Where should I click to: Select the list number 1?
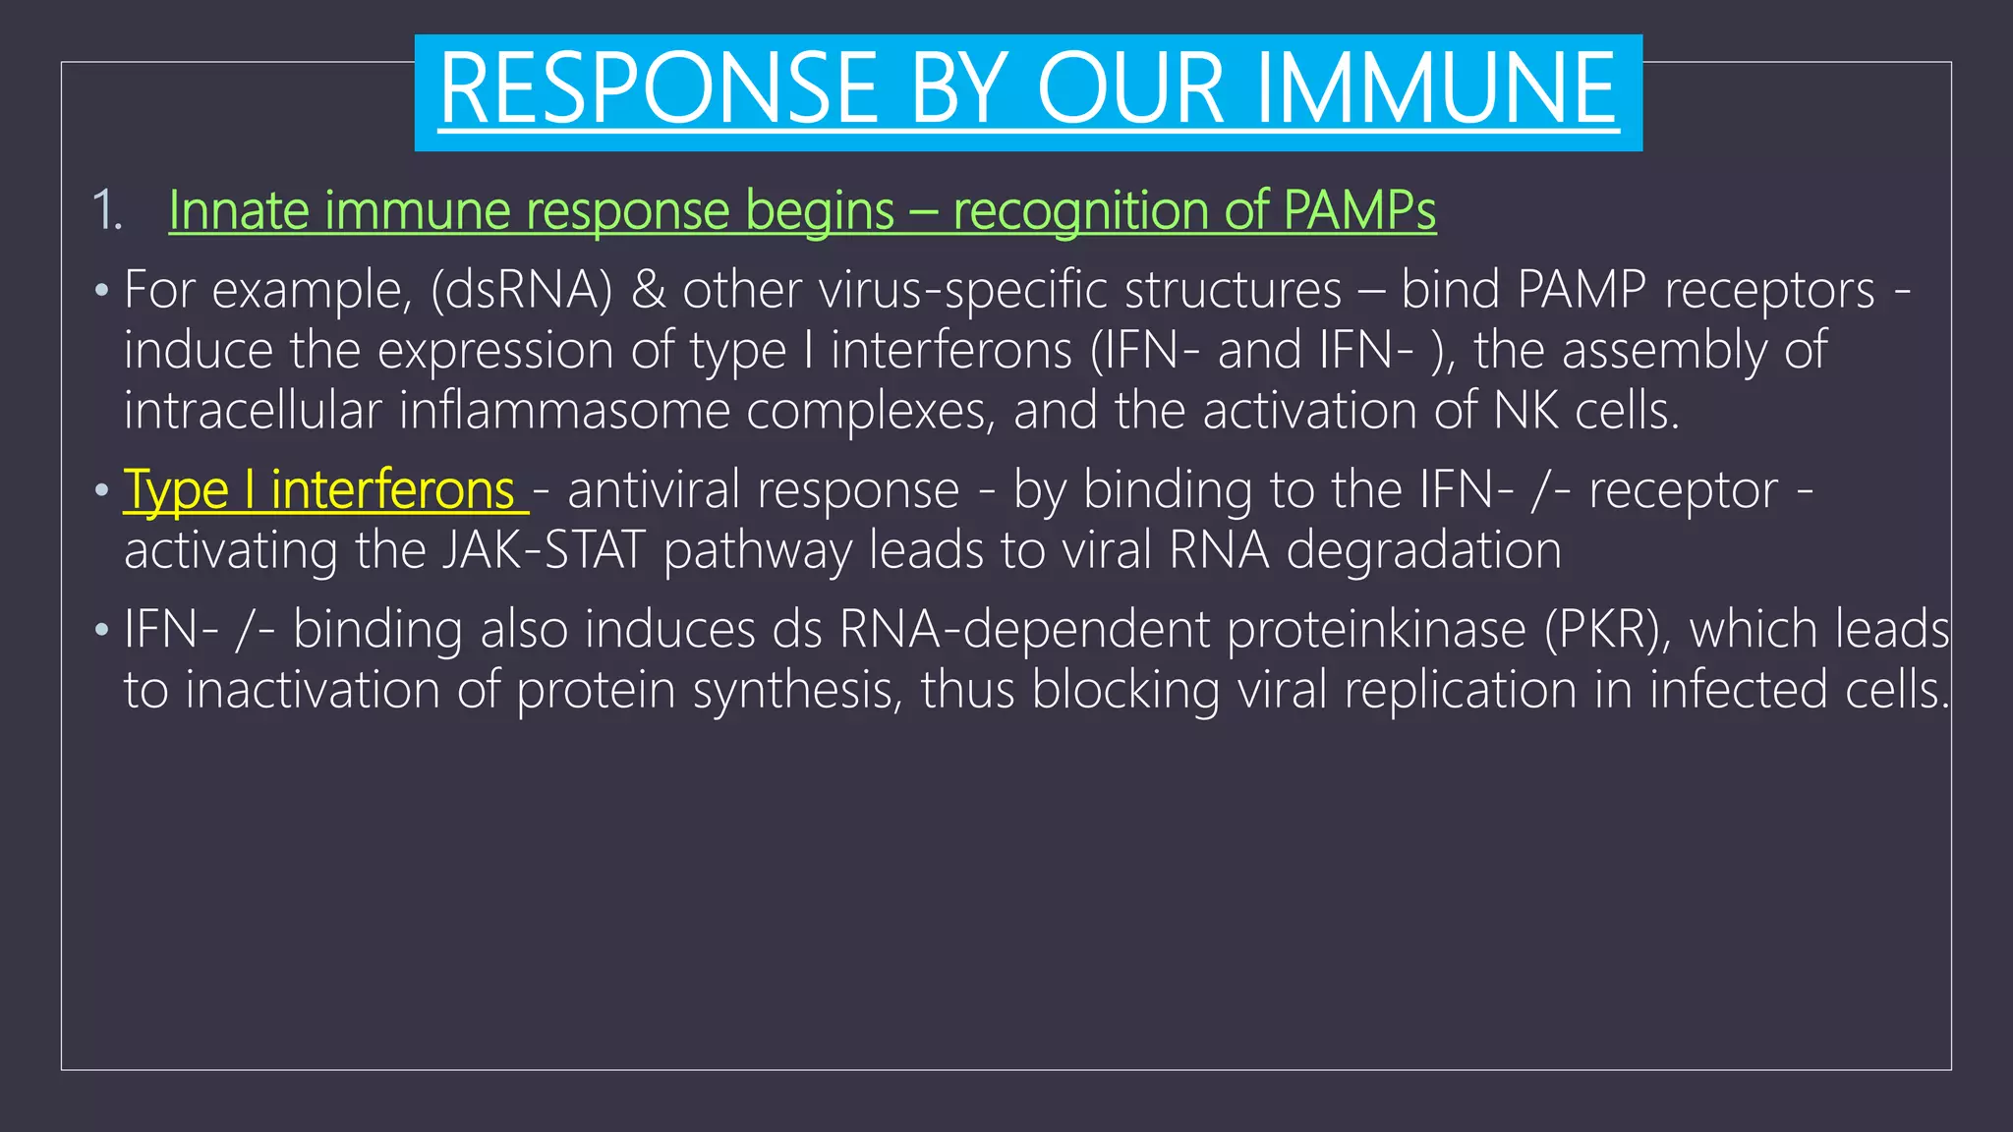[105, 211]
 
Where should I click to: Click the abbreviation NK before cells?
[1525, 411]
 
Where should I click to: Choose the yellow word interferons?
[392, 490]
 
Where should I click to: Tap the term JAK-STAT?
[543, 550]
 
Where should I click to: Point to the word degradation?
[1423, 550]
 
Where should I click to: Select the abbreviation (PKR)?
[1607, 630]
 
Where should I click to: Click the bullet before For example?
[101, 292]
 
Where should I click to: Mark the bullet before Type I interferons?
[101, 490]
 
